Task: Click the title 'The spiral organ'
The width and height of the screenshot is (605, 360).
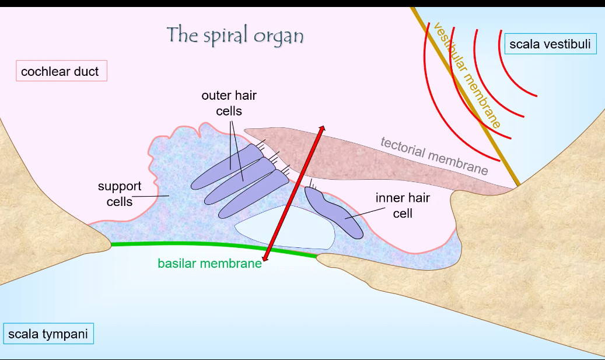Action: [235, 35]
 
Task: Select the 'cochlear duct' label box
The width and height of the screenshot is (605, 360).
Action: [60, 72]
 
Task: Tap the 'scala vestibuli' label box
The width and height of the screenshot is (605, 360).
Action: [550, 44]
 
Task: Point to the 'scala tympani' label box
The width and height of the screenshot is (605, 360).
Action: [48, 334]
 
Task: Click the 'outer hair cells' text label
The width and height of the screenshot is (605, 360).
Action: [229, 102]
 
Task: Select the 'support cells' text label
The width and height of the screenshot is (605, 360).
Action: [120, 194]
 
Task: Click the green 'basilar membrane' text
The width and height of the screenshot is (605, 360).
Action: [209, 263]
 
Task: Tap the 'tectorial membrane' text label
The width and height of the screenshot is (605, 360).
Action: [434, 156]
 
